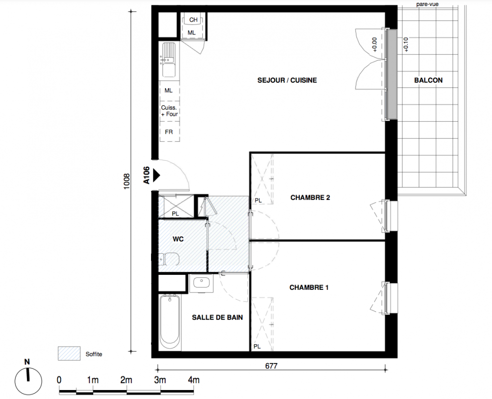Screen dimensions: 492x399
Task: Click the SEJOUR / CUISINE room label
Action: point(287,80)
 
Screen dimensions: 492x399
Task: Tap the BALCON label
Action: point(428,80)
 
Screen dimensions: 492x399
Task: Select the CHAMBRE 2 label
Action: point(310,198)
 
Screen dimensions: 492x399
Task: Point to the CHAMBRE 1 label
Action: point(309,288)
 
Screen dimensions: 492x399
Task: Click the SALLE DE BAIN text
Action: point(217,318)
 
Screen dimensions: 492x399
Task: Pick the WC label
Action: point(178,239)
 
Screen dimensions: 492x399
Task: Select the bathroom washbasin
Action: point(201,283)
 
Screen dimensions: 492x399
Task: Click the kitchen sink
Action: point(168,60)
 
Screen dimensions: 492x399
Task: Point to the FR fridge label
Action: point(169,132)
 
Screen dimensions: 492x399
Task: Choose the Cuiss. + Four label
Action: point(169,111)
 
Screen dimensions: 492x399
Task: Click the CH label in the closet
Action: point(193,20)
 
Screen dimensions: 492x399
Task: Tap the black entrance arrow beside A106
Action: point(156,175)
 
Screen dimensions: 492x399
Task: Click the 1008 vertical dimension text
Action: point(127,182)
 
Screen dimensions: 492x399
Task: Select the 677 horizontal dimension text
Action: point(271,366)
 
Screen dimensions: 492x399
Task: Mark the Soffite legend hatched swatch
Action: point(69,354)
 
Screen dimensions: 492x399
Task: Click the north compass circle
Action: point(28,382)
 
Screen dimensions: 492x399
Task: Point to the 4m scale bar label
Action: point(193,380)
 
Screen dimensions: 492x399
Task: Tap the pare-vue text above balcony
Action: point(427,4)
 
